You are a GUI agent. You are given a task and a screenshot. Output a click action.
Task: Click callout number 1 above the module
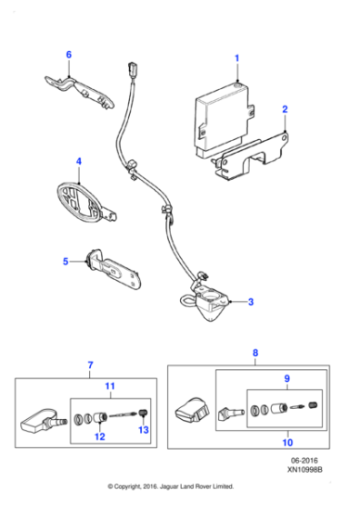pos(237,58)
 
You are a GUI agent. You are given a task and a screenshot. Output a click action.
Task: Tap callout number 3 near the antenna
pos(251,301)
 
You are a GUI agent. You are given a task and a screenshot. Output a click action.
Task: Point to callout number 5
pos(65,262)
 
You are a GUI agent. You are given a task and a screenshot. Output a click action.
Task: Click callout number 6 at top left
pos(67,55)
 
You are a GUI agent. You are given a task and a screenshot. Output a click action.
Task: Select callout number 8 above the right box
pos(255,352)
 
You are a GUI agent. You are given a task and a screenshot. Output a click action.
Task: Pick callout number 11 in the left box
pos(111,386)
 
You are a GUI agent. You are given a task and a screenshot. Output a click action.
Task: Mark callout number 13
pos(143,430)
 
